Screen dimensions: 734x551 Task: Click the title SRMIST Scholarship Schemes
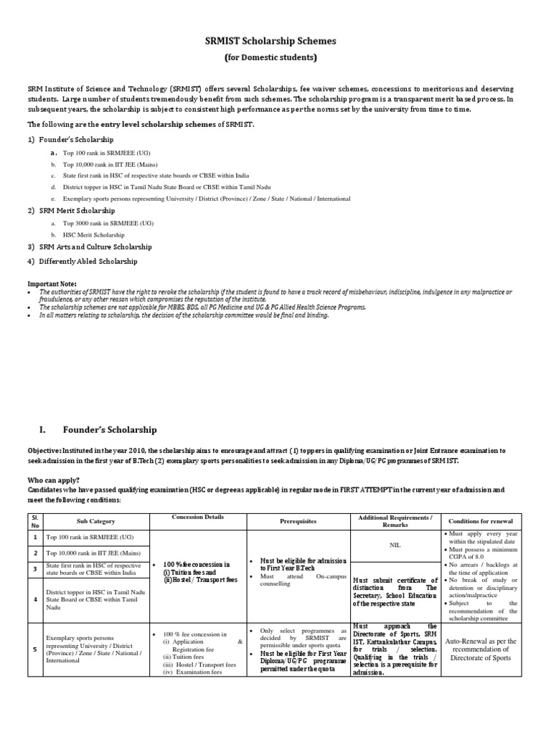pos(276,42)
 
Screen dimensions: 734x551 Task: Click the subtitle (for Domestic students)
pos(276,57)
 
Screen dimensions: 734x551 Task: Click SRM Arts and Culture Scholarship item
pos(93,247)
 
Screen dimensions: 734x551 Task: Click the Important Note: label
pos(52,284)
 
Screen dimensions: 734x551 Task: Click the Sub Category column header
pos(95,522)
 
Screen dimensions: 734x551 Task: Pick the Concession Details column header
pos(198,517)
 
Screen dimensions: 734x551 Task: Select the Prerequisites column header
pos(298,522)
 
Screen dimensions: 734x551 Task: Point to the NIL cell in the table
pos(395,545)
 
